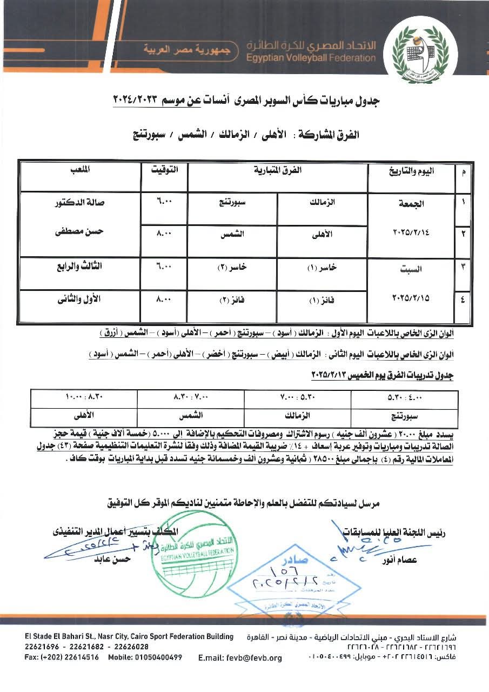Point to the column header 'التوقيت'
(x=164, y=170)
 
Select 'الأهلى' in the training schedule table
(x=84, y=416)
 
